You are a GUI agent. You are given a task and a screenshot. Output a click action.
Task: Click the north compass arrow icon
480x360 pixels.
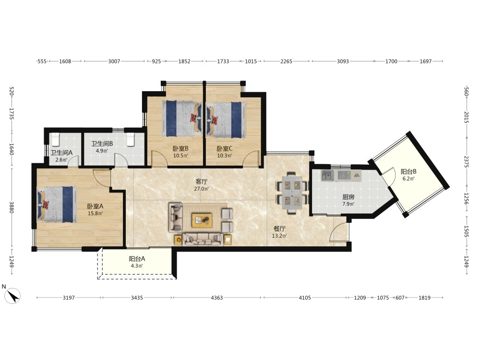[x=13, y=296]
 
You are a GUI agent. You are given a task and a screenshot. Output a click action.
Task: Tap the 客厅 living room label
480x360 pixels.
[x=202, y=181]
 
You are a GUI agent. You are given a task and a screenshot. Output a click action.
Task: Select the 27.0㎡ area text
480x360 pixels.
[x=202, y=189]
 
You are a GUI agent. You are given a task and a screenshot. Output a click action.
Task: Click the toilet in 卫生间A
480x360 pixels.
[x=55, y=139]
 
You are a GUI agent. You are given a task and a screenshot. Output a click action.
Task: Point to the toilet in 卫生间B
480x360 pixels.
[x=131, y=139]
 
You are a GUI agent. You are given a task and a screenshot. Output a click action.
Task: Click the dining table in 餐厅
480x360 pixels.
[x=292, y=192]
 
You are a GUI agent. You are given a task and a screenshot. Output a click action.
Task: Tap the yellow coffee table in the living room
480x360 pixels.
[x=202, y=220]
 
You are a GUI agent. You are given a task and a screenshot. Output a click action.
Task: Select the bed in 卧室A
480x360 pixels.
[x=57, y=204]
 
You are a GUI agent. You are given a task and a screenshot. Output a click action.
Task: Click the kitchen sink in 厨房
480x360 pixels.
[x=327, y=175]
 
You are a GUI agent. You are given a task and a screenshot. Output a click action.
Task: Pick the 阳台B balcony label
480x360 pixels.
[x=408, y=171]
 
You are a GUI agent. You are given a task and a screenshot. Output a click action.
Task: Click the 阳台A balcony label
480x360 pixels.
[x=137, y=259]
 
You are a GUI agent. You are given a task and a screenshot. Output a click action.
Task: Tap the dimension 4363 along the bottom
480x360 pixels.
[x=217, y=298]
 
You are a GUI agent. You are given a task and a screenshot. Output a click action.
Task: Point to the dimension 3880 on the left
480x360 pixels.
[x=12, y=207]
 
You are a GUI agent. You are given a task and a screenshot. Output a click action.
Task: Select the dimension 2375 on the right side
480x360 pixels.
[x=466, y=162]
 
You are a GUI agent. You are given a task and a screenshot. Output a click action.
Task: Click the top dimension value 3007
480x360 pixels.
[x=114, y=61]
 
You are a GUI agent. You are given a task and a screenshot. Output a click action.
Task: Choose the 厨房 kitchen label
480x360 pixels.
[x=348, y=197]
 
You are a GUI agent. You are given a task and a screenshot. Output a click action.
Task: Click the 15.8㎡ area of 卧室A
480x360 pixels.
[x=95, y=214]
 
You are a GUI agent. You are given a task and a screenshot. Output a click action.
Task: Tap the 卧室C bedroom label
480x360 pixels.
[x=224, y=148]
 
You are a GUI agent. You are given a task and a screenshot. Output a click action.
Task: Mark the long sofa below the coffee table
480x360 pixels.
[x=203, y=240]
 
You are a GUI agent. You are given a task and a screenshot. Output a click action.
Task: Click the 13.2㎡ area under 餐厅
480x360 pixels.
[x=279, y=236]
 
